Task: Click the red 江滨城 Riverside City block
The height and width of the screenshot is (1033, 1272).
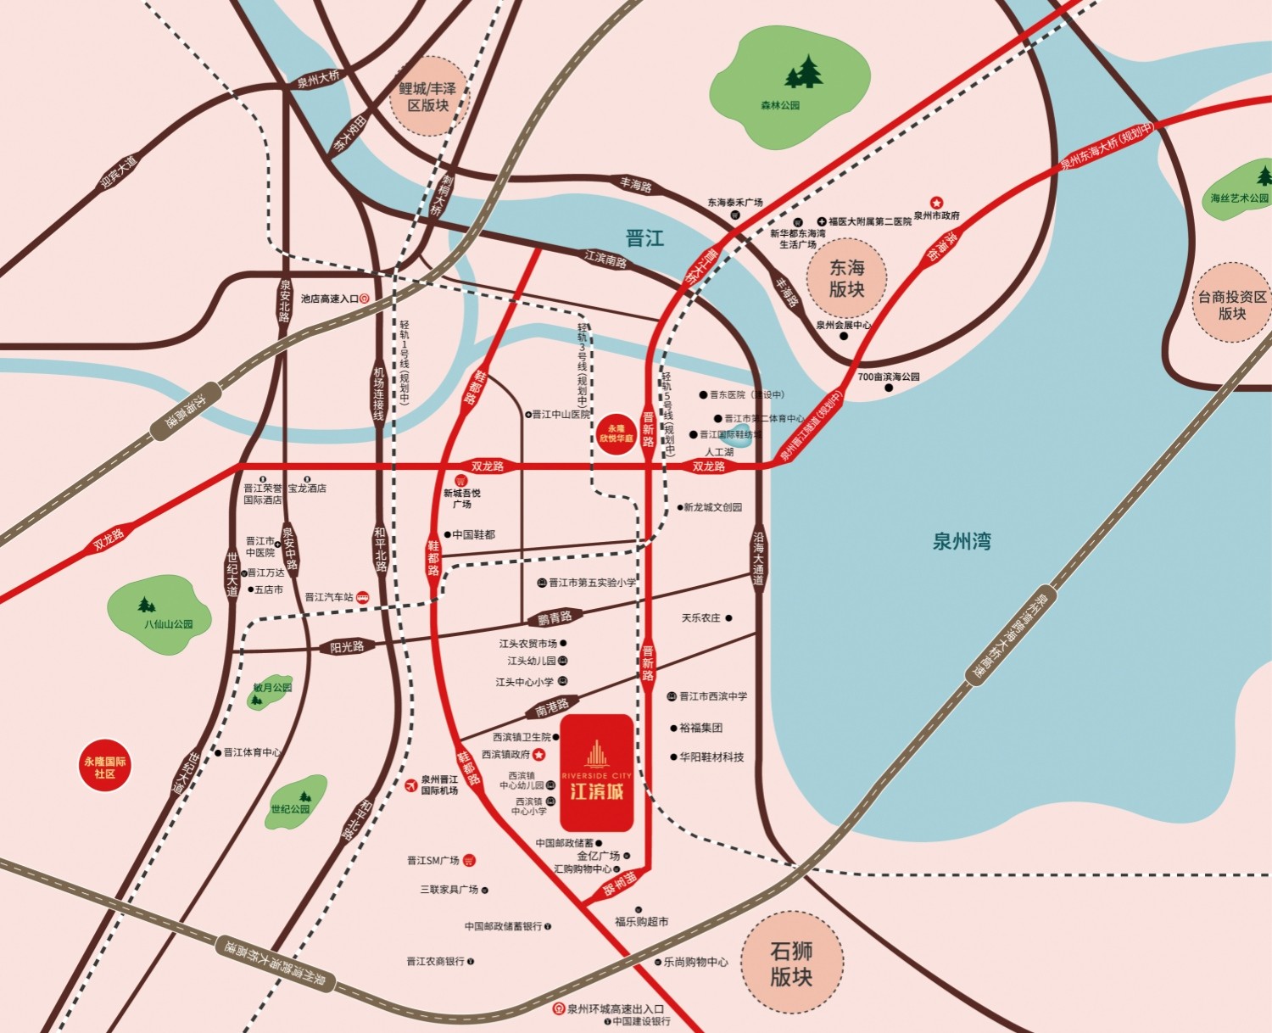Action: (596, 773)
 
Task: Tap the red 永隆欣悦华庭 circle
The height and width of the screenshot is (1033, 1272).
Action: (616, 433)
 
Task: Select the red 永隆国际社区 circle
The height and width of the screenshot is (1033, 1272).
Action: (104, 767)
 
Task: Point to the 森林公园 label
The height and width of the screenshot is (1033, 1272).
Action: (779, 106)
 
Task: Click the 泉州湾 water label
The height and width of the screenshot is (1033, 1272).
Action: (962, 541)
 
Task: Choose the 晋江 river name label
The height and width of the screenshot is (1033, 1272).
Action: (644, 238)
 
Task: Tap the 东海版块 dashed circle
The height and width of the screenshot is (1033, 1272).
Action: (845, 278)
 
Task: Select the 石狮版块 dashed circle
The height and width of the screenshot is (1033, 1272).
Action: (791, 963)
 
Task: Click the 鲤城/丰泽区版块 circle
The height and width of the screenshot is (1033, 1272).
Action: (428, 97)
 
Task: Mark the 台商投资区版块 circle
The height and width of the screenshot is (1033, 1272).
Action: (1231, 304)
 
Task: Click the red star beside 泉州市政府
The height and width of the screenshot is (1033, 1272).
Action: (936, 203)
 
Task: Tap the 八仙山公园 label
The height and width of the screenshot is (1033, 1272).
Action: (168, 624)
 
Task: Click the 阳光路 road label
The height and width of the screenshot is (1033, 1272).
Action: (347, 647)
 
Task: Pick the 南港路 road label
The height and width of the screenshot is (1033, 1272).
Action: (552, 706)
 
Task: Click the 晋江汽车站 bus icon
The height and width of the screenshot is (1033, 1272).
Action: (362, 597)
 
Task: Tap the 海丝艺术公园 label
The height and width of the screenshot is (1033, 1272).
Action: (1239, 198)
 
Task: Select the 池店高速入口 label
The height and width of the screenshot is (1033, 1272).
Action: (329, 299)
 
